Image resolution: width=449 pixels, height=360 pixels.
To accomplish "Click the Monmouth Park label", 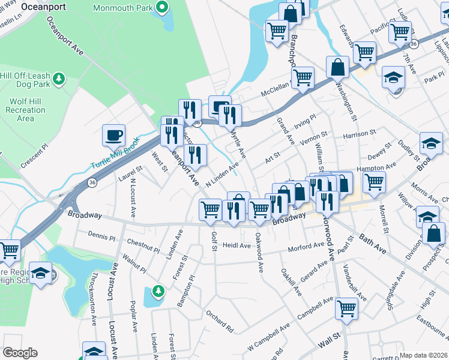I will coord(124,8).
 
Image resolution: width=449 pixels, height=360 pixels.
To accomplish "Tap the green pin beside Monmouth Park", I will coord(161,8).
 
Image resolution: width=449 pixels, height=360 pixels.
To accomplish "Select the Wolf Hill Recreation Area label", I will coord(25,110).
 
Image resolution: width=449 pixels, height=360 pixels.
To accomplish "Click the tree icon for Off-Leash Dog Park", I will coord(58,79).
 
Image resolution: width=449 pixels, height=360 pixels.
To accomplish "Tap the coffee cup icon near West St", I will coord(113,135).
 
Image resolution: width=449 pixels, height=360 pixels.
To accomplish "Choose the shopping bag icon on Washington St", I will coord(338,67).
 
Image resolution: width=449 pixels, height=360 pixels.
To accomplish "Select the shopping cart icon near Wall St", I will coord(347,309).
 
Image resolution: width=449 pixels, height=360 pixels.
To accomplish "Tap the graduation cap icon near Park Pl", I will coord(394,78).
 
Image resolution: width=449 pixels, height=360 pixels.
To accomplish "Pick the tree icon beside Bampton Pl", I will coord(158,291).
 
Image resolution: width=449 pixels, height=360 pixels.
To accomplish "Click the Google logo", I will coord(20,353).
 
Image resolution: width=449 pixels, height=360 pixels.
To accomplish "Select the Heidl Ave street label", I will coord(237,245).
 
